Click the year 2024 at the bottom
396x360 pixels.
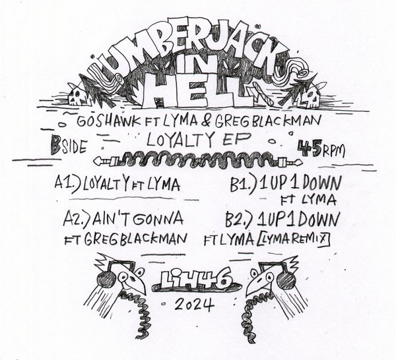[x=195, y=304]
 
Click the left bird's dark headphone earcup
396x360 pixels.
[x=106, y=280]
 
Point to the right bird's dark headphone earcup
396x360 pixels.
[x=286, y=280]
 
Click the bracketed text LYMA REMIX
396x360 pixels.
[x=294, y=239]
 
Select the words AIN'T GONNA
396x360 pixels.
[x=137, y=218]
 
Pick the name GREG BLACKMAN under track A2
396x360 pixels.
[x=135, y=239]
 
